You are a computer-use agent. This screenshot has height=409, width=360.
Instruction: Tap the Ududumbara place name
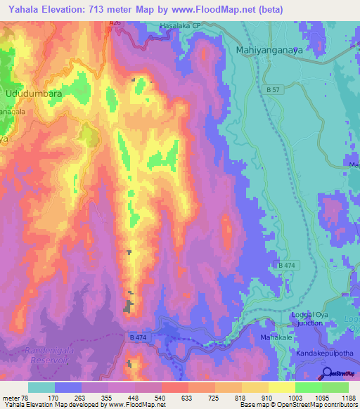(x=33, y=93)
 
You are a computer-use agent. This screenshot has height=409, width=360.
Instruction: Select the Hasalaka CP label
(x=181, y=26)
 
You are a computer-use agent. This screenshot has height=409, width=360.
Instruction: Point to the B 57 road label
(x=272, y=91)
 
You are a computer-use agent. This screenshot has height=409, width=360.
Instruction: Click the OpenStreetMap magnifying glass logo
(x=328, y=373)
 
